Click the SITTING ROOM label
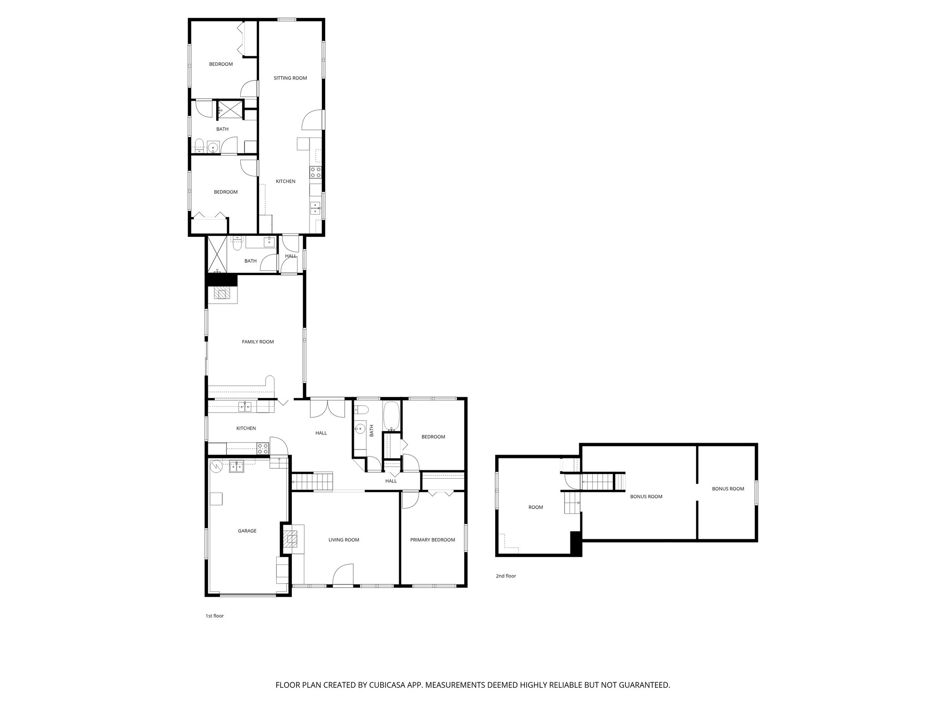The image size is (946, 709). (290, 78)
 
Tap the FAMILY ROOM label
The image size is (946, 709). (258, 342)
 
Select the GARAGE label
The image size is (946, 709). (247, 531)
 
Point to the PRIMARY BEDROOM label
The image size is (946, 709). (432, 540)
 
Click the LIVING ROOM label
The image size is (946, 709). (344, 540)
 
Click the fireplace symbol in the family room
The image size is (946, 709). (223, 294)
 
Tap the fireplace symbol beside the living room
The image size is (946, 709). (291, 538)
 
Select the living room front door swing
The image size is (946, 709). (343, 575)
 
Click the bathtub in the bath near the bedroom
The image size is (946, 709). (392, 415)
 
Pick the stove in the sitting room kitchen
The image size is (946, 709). (316, 173)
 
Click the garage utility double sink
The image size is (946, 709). (237, 467)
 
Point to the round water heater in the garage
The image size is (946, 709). (216, 467)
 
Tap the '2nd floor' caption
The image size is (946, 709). (506, 576)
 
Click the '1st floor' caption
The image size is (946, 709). (214, 616)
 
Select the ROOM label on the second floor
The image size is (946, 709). (535, 507)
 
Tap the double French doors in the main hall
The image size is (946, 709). (327, 408)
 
